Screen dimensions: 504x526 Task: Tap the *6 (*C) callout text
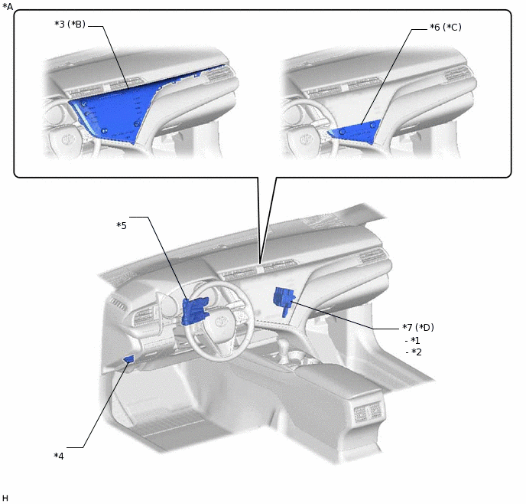(x=446, y=27)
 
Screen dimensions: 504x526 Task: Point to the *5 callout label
(x=121, y=225)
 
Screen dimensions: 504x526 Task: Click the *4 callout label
(x=59, y=456)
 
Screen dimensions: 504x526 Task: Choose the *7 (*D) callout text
(x=418, y=328)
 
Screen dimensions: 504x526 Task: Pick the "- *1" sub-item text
(x=413, y=340)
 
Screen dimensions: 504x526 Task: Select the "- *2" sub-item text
(x=413, y=352)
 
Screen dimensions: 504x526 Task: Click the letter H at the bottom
(x=5, y=498)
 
